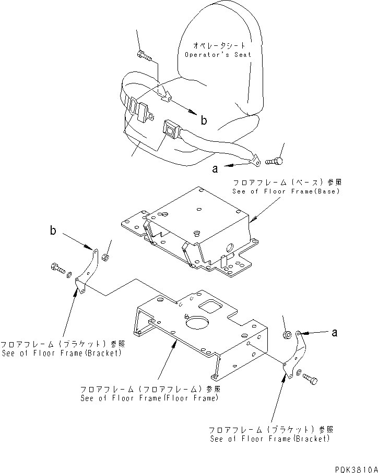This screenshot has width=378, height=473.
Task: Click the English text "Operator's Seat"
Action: coord(218,54)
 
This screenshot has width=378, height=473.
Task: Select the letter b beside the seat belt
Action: coord(204,120)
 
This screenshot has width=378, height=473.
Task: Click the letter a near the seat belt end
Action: coord(215,168)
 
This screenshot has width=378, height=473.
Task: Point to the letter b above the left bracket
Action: coord(53,231)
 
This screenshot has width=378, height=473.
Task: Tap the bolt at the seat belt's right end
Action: coord(275,162)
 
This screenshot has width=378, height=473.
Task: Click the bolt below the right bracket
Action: coord(309,380)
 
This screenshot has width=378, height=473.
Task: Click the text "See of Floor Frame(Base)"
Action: coord(286,191)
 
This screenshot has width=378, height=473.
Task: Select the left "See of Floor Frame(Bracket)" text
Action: coord(61,353)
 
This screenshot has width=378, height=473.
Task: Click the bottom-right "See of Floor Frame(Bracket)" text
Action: coord(270,439)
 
